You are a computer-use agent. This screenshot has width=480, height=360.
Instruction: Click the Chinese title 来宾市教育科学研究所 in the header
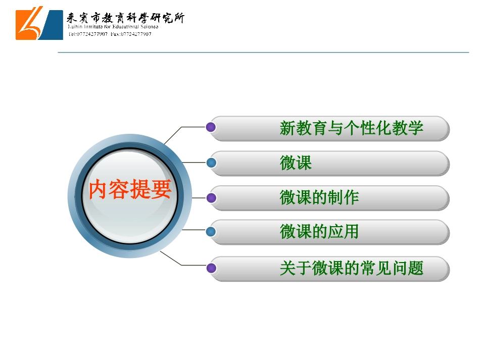[126, 18]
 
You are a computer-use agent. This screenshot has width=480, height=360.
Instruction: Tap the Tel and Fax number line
[110, 34]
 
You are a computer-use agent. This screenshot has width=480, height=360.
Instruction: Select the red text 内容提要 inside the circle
[130, 190]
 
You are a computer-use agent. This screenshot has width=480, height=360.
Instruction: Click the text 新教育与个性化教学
[351, 128]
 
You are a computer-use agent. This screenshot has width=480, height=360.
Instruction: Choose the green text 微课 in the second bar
[296, 163]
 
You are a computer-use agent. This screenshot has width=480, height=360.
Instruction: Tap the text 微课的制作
[319, 197]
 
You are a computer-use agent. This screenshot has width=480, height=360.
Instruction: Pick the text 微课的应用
[319, 232]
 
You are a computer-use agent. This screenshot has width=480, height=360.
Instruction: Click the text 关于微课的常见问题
[351, 268]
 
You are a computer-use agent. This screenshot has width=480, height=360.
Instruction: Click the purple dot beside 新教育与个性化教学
[212, 127]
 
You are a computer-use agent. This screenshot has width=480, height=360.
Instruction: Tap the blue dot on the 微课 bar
[212, 163]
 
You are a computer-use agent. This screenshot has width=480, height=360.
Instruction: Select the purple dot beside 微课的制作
[212, 197]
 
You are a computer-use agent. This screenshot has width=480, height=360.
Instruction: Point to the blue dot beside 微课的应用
[212, 232]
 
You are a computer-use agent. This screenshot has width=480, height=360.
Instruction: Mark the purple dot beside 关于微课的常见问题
[212, 268]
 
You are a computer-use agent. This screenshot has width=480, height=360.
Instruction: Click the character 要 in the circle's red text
[161, 190]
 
